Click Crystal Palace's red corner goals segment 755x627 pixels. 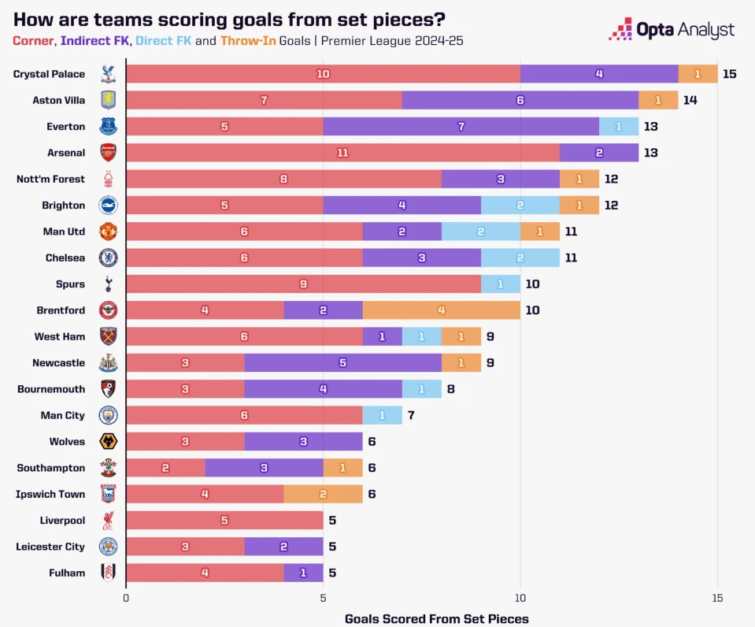(323, 74)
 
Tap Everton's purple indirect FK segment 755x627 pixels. (461, 127)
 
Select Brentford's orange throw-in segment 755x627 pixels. (441, 310)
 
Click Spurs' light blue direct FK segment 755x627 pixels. (500, 284)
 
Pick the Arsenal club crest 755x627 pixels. (108, 153)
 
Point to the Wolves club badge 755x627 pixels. (108, 442)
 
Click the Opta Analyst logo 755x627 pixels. (672, 31)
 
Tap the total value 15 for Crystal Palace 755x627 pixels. (730, 74)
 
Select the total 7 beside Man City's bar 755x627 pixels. (411, 415)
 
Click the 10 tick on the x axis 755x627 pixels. (520, 597)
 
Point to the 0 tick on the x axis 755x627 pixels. (126, 597)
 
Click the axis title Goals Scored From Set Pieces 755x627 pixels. (436, 618)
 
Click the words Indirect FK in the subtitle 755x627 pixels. (93, 39)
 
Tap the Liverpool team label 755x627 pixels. (62, 521)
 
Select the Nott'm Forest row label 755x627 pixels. (50, 179)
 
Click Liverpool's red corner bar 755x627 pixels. (224, 521)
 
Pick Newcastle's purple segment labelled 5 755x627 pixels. (342, 363)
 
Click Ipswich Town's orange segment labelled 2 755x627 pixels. (323, 494)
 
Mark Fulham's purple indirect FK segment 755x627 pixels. (303, 573)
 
